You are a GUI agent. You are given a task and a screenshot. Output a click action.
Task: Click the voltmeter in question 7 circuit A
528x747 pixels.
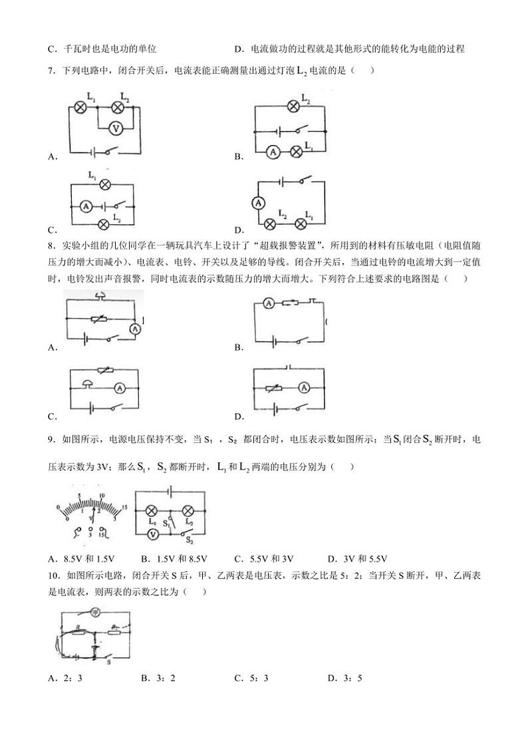coord(114,128)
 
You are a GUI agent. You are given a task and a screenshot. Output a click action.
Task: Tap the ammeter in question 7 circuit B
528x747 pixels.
coord(273,152)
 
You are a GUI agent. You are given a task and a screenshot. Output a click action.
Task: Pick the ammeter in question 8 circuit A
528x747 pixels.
coord(135,328)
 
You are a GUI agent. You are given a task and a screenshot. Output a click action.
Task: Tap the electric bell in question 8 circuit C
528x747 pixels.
coord(87,384)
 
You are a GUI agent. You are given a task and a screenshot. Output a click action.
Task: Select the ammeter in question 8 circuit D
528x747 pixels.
coord(304,388)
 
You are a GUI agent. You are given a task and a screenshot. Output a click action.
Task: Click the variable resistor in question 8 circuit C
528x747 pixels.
coord(105,371)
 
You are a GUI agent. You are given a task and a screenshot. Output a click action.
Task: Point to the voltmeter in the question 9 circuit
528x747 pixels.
coord(152,535)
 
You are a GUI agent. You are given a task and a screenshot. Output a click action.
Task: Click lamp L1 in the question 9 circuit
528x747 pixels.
coord(152,511)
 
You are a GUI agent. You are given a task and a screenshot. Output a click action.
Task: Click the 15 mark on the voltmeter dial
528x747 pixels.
coord(124,508)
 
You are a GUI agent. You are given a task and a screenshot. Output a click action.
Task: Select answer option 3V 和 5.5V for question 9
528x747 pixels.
coord(365,559)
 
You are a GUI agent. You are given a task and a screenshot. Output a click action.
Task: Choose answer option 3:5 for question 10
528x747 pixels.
coord(352,678)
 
